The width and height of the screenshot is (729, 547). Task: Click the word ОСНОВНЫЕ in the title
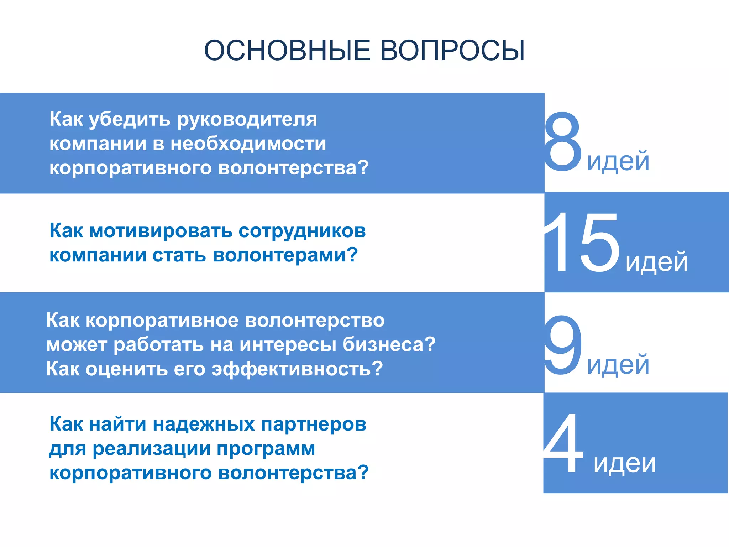point(287,50)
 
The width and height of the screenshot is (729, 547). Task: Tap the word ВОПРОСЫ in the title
point(452,50)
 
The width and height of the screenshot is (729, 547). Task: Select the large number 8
point(562,142)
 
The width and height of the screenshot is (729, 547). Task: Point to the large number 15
point(582,242)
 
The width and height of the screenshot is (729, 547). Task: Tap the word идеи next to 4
point(624,463)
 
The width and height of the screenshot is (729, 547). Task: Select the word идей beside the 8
point(618,161)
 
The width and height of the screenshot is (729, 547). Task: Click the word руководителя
point(247,120)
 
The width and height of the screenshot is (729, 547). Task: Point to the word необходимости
point(248,144)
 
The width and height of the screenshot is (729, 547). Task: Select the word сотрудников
point(302,231)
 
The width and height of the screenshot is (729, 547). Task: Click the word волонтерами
point(285,255)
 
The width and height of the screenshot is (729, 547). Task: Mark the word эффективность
point(297,369)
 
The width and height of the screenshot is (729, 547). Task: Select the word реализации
point(151,449)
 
